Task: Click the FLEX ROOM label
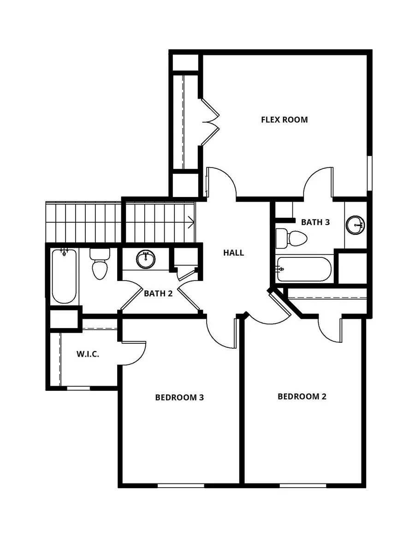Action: pyautogui.click(x=284, y=120)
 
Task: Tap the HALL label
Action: pyautogui.click(x=233, y=253)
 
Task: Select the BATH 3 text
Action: pyautogui.click(x=315, y=222)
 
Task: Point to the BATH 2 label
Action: pyautogui.click(x=158, y=293)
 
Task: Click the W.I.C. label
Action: pyautogui.click(x=88, y=355)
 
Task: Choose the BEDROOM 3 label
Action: pyautogui.click(x=179, y=397)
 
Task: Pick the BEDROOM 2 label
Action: pyautogui.click(x=302, y=397)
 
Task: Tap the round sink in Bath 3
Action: pyautogui.click(x=356, y=225)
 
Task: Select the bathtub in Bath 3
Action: pyautogui.click(x=304, y=269)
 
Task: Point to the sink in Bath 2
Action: pyautogui.click(x=146, y=260)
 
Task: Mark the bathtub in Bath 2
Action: pyautogui.click(x=64, y=276)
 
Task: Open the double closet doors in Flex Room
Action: pyautogui.click(x=209, y=122)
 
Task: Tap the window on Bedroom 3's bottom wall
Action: pyautogui.click(x=181, y=485)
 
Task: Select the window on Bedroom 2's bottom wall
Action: pyautogui.click(x=303, y=485)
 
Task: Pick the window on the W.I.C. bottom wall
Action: pyautogui.click(x=78, y=388)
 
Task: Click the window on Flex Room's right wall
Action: pyautogui.click(x=369, y=173)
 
